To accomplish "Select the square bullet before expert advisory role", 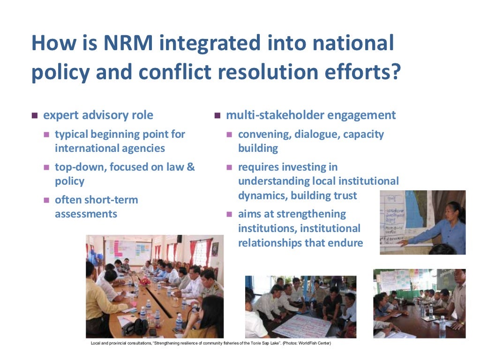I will (x=34, y=115).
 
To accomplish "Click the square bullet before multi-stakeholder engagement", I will (x=217, y=115).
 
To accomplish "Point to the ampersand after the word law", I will (x=190, y=167).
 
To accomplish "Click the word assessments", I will (x=86, y=214).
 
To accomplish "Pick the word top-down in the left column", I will (x=80, y=167).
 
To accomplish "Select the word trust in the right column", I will (x=344, y=195).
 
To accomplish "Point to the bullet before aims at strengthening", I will (x=229, y=214).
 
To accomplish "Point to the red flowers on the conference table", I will (x=144, y=280).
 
